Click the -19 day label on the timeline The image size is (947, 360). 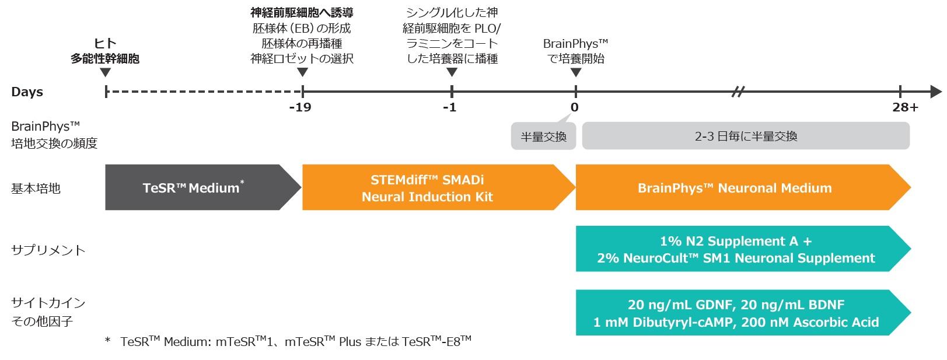pyautogui.click(x=300, y=107)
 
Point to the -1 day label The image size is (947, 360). pyautogui.click(x=450, y=107)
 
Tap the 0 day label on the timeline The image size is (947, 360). pyautogui.click(x=575, y=107)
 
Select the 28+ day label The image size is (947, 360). pyautogui.click(x=906, y=107)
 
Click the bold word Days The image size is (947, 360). pyautogui.click(x=27, y=92)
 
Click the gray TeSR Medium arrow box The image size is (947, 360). pyautogui.click(x=203, y=187)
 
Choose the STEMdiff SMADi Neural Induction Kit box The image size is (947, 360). pyautogui.click(x=438, y=187)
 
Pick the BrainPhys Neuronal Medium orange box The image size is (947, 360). pyautogui.click(x=743, y=187)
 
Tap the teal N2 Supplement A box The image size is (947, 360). pyautogui.click(x=743, y=249)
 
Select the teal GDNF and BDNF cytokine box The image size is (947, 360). pyautogui.click(x=743, y=313)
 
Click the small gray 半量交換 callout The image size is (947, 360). pyautogui.click(x=543, y=136)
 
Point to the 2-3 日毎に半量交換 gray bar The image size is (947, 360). pyautogui.click(x=746, y=135)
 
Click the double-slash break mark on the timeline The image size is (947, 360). pyautogui.click(x=738, y=91)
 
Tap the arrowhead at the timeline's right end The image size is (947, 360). pyautogui.click(x=936, y=91)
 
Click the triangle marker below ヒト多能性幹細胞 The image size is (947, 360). pyautogui.click(x=105, y=72)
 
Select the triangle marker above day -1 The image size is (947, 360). pyautogui.click(x=452, y=72)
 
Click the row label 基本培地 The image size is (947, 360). pyautogui.click(x=36, y=188)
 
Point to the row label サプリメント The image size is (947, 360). pyautogui.click(x=48, y=250)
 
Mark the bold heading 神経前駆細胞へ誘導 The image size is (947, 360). pyautogui.click(x=302, y=13)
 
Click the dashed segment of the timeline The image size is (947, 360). pyautogui.click(x=204, y=91)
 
